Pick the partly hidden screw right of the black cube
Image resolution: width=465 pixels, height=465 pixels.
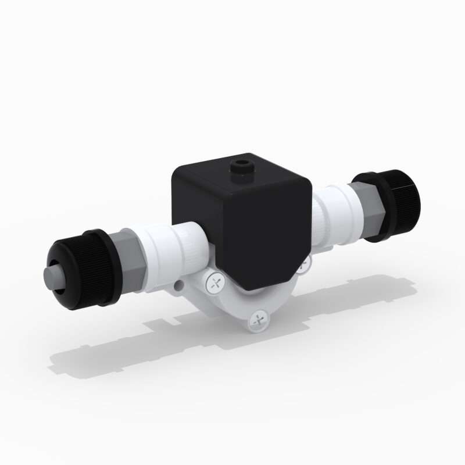point(303,267)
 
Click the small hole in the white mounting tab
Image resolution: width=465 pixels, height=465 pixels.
point(179,285)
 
